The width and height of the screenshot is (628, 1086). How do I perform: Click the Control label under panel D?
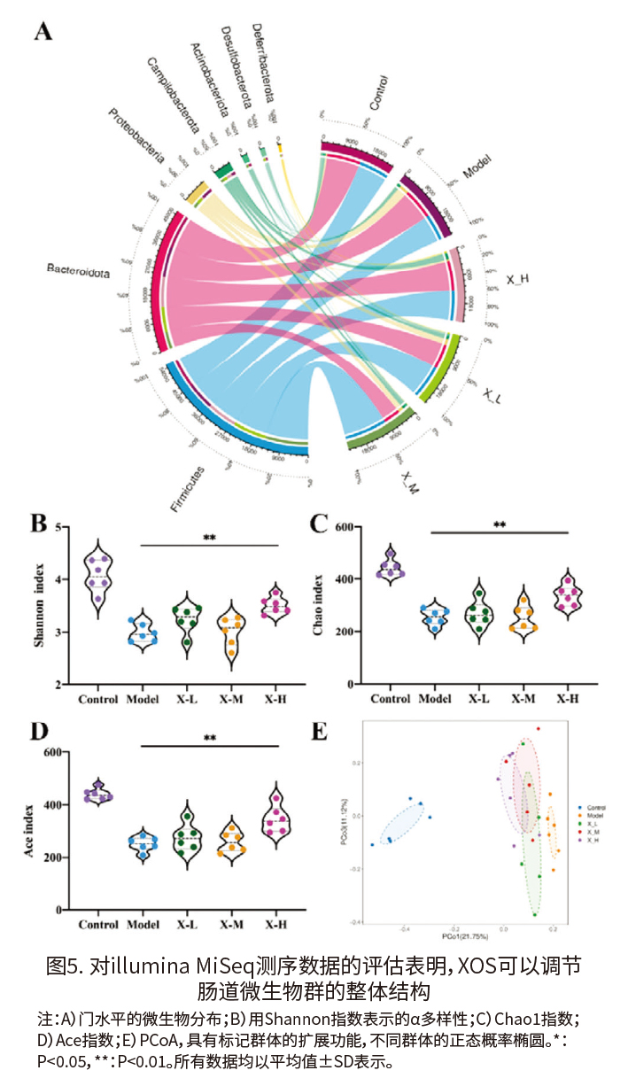[98, 925]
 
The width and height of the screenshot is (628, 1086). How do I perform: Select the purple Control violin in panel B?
[98, 576]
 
